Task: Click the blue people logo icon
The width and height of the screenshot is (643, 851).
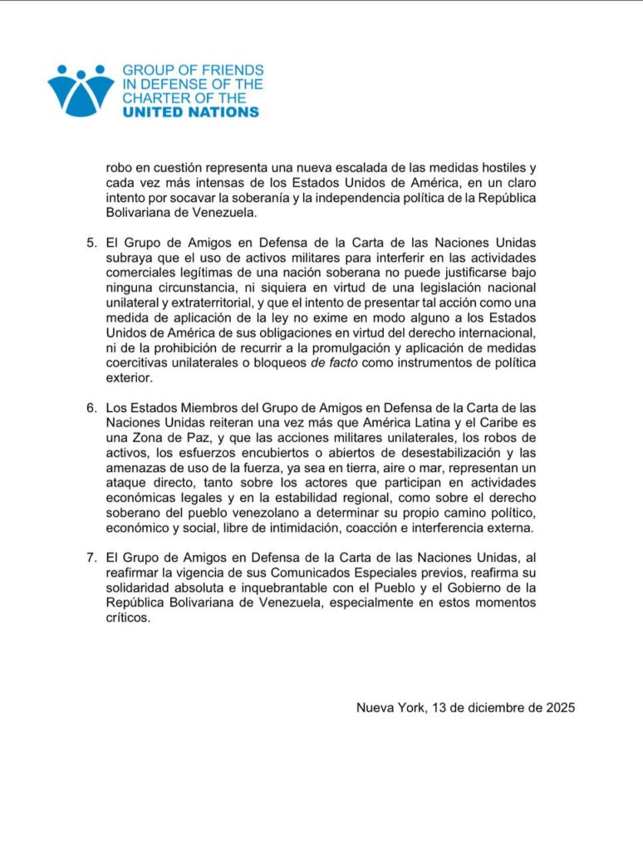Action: click(81, 90)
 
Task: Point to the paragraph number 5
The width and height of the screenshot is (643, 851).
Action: click(91, 242)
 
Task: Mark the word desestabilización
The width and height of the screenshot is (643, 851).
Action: click(463, 453)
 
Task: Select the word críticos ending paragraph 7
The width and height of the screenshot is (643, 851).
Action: click(128, 619)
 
